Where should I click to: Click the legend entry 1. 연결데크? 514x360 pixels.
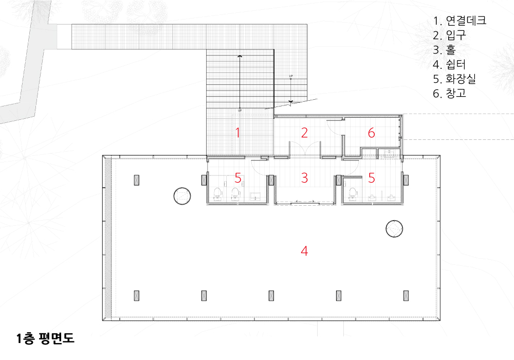[x=460, y=21]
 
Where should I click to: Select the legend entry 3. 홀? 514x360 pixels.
[x=444, y=50]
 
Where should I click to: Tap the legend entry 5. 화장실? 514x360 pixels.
[x=454, y=79]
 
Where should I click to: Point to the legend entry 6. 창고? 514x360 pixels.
[x=449, y=94]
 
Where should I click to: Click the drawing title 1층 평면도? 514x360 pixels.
[x=46, y=338]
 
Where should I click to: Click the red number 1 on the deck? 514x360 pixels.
[x=237, y=133]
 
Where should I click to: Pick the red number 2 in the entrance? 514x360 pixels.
[x=304, y=133]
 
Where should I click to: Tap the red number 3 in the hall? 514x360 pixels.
[x=304, y=178]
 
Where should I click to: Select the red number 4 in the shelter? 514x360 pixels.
[x=304, y=251]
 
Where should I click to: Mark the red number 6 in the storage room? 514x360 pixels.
[x=372, y=133]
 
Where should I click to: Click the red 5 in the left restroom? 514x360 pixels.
[x=238, y=178]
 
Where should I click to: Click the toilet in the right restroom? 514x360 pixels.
[x=353, y=193]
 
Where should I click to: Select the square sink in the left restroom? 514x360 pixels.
[x=255, y=196]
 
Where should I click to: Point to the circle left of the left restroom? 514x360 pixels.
[x=182, y=196]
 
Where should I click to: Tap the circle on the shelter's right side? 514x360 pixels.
[x=394, y=228]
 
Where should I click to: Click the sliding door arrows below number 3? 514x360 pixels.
[x=305, y=201]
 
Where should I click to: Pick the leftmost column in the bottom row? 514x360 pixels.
[x=137, y=296]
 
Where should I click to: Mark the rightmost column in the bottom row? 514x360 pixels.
[x=406, y=296]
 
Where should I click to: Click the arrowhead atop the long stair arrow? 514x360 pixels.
[x=240, y=57]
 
